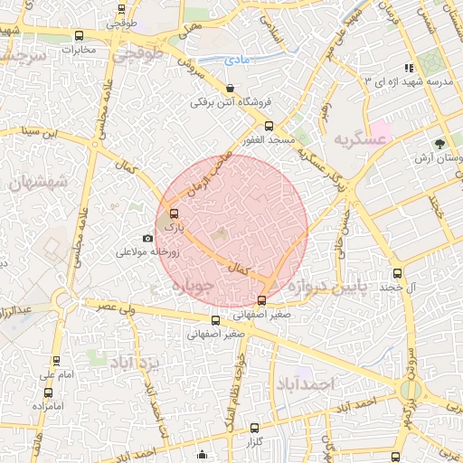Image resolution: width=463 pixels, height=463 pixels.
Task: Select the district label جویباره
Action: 191,287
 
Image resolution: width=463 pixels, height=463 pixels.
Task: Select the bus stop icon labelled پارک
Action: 174,214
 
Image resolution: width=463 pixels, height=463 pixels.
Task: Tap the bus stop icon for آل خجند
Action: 397,274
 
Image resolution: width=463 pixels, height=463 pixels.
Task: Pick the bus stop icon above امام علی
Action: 48,359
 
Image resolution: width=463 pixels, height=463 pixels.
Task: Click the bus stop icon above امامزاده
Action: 49,392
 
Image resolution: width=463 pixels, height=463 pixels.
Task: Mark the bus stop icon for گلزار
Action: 254,427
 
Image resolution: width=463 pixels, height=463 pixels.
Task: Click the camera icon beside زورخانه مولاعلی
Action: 147,239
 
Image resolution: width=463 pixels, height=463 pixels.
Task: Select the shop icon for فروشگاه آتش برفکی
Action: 230,89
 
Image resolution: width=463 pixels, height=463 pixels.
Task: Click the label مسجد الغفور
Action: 265,140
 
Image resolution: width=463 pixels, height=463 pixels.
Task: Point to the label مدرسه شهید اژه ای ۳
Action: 408,82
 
